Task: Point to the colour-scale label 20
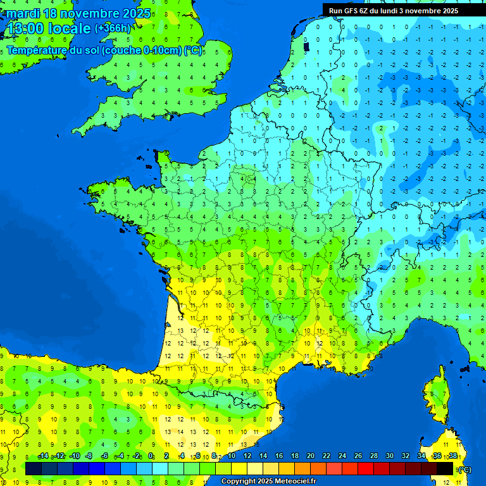tap(310, 456)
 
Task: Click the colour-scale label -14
tap(43, 456)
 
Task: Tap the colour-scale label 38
tap(452, 456)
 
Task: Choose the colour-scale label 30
tap(389, 456)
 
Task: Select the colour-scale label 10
tap(231, 456)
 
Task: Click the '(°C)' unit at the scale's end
tap(464, 469)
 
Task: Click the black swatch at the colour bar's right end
tap(445, 468)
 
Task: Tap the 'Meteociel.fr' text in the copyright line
tap(296, 482)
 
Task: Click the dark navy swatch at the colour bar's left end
tap(34, 468)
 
